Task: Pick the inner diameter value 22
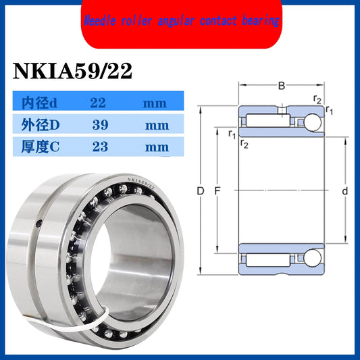coord(99,103)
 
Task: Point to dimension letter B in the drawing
coord(282,86)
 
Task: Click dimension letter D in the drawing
coord(201,192)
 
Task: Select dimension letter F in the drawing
coord(217,192)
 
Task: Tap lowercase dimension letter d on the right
coord(344,192)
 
